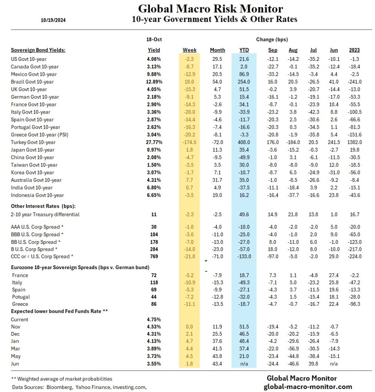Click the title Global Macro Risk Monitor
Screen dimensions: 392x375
point(210,8)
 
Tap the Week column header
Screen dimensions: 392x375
point(190,50)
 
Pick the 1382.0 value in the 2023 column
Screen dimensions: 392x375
point(354,142)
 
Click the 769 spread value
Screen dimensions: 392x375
point(154,256)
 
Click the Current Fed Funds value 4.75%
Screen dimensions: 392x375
point(154,319)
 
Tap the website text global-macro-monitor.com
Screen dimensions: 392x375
point(308,387)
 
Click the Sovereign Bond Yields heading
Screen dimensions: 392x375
point(38,50)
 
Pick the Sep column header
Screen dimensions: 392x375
point(272,50)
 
